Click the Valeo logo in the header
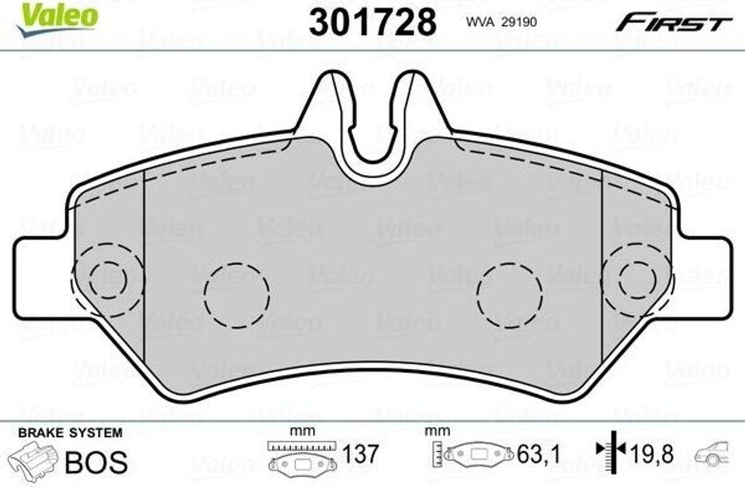point(57,18)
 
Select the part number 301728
point(372,23)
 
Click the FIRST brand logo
point(674,23)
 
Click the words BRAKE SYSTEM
point(71,433)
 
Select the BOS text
point(97,462)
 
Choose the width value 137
point(361,454)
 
